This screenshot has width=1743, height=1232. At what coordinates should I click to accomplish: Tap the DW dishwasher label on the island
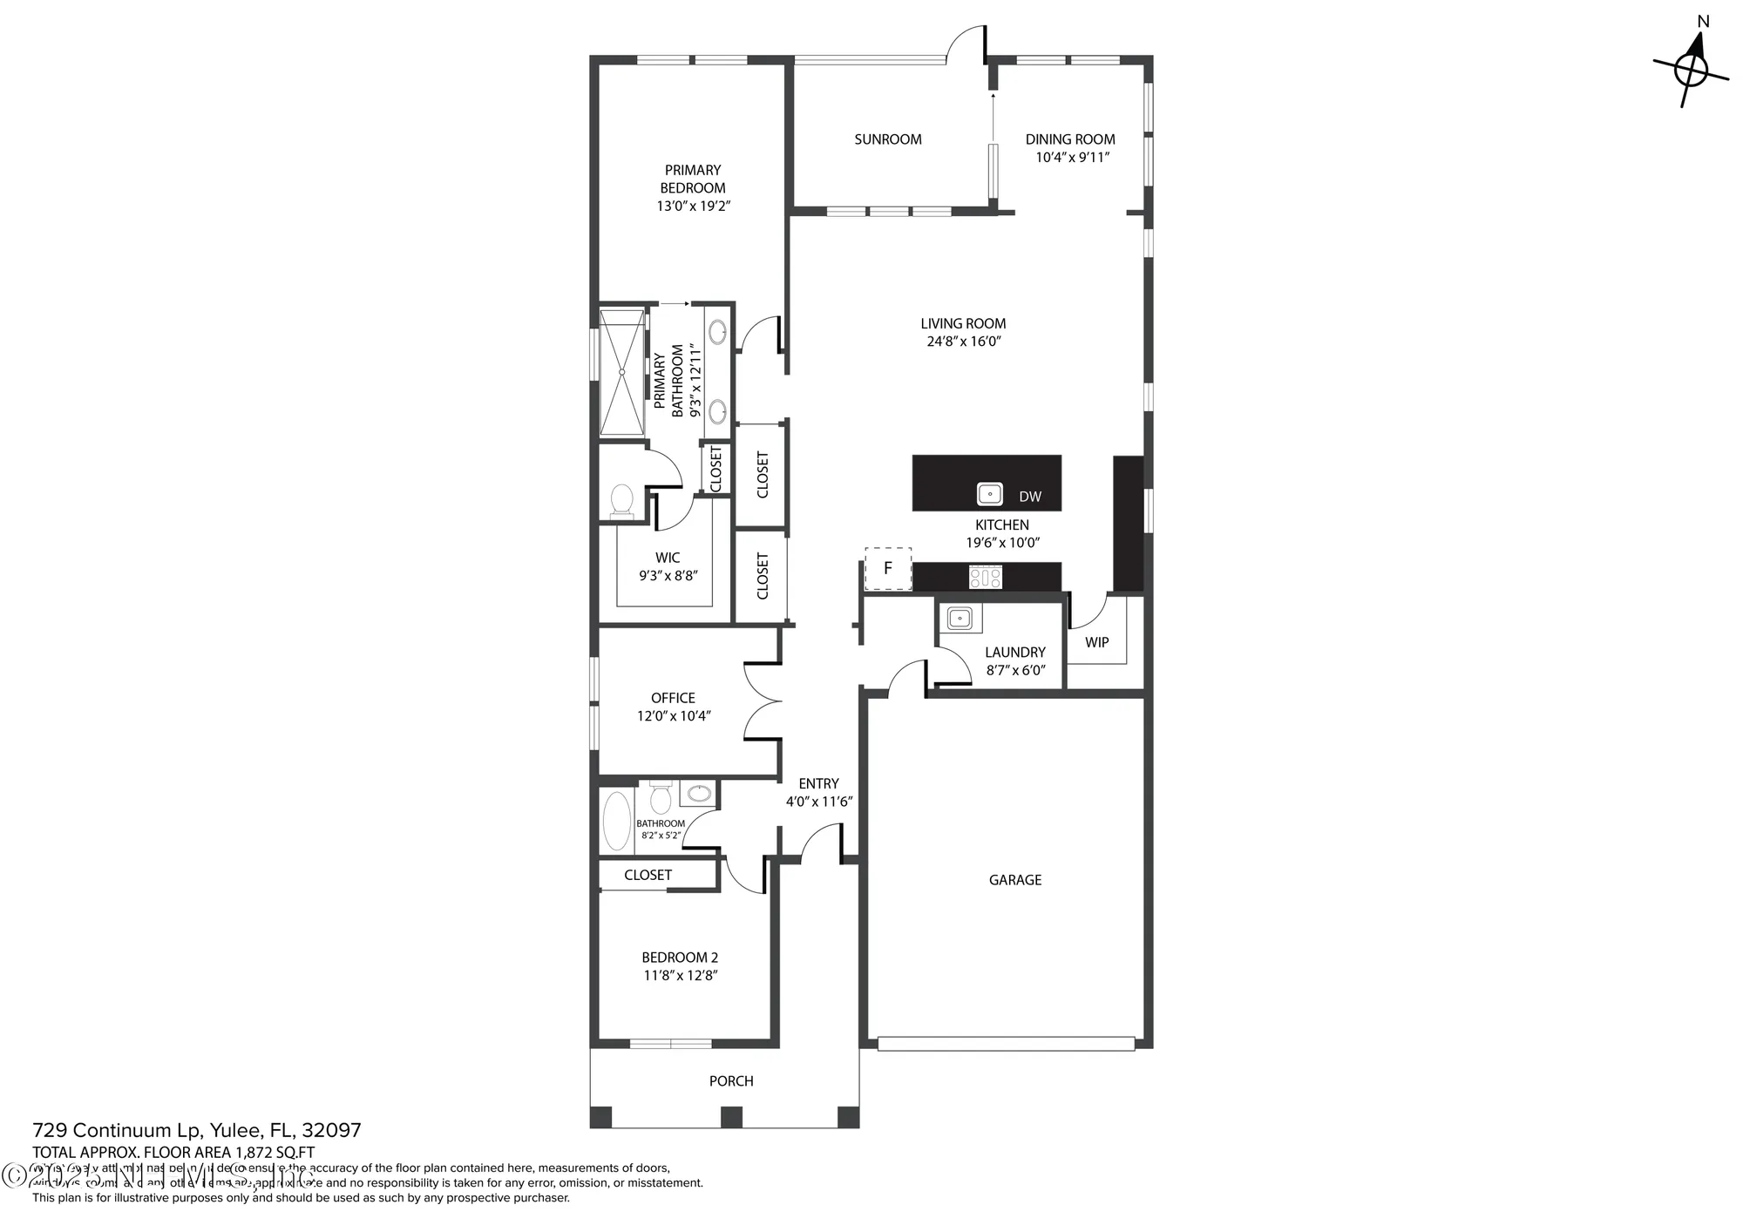tap(1029, 497)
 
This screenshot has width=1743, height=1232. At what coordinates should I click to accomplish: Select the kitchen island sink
tap(990, 494)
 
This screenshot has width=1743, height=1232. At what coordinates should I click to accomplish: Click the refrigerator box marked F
tap(888, 569)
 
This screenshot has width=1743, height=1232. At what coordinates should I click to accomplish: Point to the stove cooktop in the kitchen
tap(986, 577)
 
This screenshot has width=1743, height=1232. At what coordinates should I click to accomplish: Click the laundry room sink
tap(959, 619)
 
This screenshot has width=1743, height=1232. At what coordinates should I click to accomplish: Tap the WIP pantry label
tap(1096, 642)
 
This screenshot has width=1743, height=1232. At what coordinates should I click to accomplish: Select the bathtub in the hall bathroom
tap(617, 820)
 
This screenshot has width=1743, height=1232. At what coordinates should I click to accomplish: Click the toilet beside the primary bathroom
tap(622, 501)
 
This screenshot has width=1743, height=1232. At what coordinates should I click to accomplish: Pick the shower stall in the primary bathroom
tap(622, 371)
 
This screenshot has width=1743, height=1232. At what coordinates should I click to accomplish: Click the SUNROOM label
tap(887, 139)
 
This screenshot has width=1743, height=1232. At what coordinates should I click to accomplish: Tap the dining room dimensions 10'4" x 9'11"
tap(1072, 158)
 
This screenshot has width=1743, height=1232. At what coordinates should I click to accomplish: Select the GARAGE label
tap(1014, 880)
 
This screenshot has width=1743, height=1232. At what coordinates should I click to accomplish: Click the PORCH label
tap(730, 1081)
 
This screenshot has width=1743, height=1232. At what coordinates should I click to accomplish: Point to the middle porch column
tap(731, 1117)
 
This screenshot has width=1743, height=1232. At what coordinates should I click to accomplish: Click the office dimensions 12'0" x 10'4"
tap(674, 716)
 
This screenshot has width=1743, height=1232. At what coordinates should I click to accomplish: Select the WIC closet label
tap(668, 558)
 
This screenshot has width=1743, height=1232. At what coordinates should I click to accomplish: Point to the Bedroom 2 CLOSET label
tap(648, 875)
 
